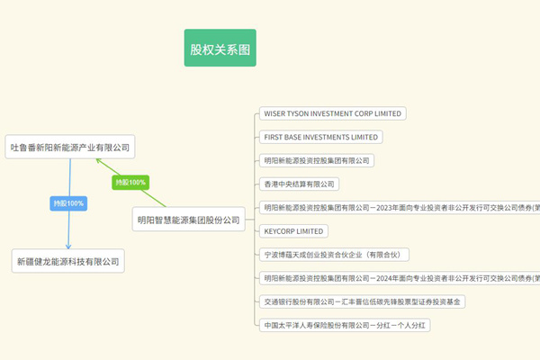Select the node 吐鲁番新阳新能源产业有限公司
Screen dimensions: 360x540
[70, 147]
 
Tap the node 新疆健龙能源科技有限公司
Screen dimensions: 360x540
[67, 262]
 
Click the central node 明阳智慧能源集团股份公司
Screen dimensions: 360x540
[189, 219]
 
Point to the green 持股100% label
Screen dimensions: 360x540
[130, 183]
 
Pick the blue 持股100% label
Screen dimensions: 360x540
[68, 203]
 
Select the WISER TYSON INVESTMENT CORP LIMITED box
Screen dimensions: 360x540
[331, 114]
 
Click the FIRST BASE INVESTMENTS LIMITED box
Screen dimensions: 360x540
[320, 138]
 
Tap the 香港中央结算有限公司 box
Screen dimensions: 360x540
[298, 184]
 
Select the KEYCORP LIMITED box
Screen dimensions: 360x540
[293, 231]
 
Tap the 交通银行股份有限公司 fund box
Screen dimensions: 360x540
[361, 301]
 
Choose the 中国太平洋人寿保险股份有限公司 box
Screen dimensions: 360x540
[344, 325]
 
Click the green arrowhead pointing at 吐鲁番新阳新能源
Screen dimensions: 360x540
[99, 162]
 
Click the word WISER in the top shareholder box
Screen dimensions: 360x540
[274, 114]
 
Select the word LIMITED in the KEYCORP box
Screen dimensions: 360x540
[310, 231]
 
